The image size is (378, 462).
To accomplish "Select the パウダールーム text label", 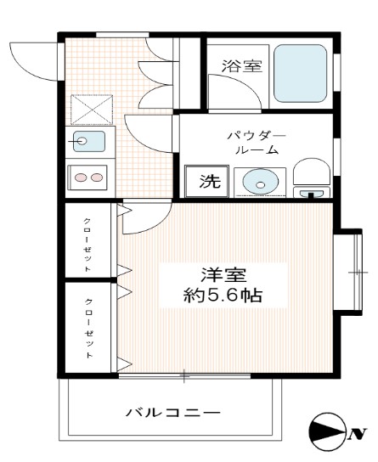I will pos(256,143).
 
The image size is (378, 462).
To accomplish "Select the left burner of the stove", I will pos(82,177).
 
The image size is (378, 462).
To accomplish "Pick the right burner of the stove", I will pos(98,177).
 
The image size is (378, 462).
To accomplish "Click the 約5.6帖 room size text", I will pos(223,296).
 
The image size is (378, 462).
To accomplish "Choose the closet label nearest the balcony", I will pos(88,329).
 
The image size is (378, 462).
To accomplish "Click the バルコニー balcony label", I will pos(173,414).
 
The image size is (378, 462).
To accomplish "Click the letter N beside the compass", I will pos(356,437).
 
